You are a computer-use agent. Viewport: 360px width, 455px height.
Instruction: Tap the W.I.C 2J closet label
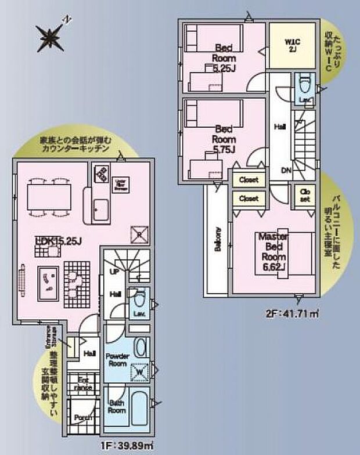291,45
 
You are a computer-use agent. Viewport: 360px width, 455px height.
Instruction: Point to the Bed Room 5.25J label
223,57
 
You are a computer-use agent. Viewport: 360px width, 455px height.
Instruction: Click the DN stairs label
286,170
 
